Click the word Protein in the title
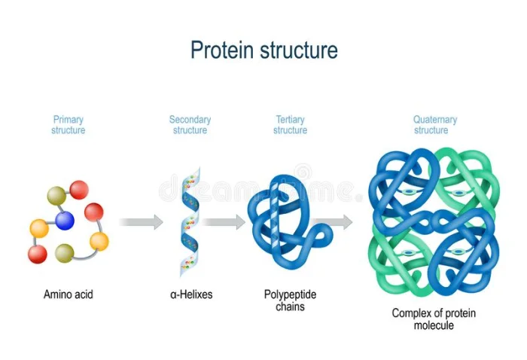click(222, 50)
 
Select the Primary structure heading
click(69, 125)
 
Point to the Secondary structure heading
click(190, 125)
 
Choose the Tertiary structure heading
click(290, 125)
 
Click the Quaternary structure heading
click(435, 125)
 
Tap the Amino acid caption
click(69, 294)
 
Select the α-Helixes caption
click(191, 294)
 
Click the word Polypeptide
click(290, 294)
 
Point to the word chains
click(290, 307)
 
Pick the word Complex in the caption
click(412, 313)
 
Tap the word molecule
click(434, 325)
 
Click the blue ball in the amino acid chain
click(65, 221)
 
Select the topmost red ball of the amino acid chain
click(79, 190)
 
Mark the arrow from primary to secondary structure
click(142, 222)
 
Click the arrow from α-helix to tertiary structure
click(224, 222)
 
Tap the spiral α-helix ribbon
click(190, 222)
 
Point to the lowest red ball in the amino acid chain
click(38, 254)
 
